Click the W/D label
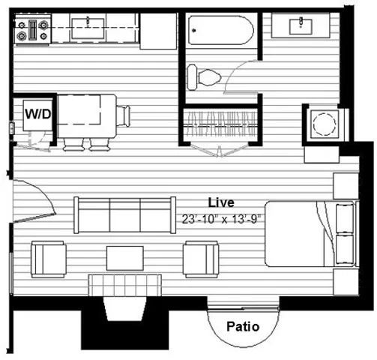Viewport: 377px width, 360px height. pos(38,114)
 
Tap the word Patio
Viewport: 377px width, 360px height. pos(243,327)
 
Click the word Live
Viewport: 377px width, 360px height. pos(221,202)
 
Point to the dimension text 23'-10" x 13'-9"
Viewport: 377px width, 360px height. pos(221,219)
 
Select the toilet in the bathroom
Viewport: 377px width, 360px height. pos(204,77)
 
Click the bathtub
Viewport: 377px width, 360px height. pos(221,30)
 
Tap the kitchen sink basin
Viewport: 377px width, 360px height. pos(88,28)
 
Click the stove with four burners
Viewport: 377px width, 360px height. pos(33,30)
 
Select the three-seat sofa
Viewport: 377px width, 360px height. pos(124,215)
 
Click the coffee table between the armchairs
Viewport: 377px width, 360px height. pos(125,258)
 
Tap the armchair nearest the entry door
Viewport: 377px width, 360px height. pos(49,259)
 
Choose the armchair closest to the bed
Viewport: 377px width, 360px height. pos(201,259)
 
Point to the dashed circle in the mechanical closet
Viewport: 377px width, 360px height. pos(325,124)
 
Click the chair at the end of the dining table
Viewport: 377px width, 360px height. pos(124,116)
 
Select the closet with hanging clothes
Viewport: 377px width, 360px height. pos(221,124)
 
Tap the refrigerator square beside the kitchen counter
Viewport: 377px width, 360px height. pos(158,31)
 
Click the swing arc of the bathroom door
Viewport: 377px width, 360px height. pos(237,73)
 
